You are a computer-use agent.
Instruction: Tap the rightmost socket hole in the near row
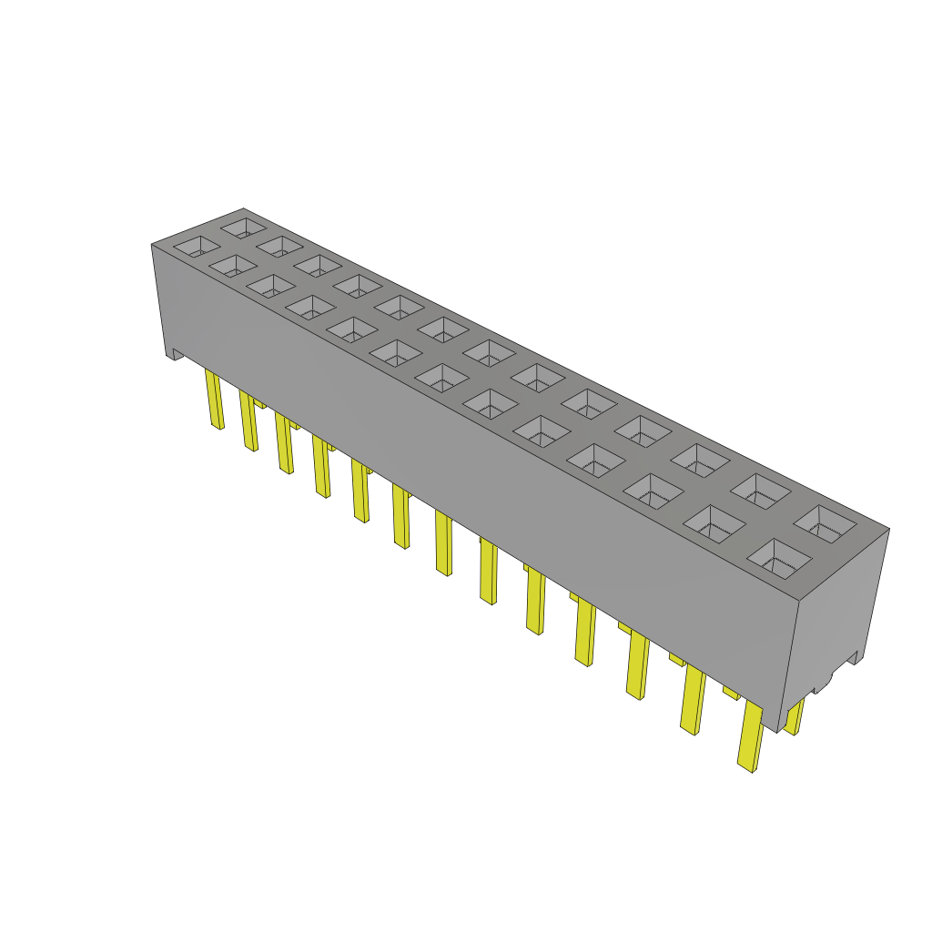point(778,558)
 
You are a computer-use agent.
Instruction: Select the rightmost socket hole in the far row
point(825,525)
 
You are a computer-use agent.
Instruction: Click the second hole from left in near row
point(234,265)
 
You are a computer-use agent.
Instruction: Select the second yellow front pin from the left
point(248,420)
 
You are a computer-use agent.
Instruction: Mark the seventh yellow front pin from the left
point(443,543)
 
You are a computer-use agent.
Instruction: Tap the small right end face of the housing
point(837,619)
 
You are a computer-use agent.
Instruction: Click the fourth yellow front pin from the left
point(321,466)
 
